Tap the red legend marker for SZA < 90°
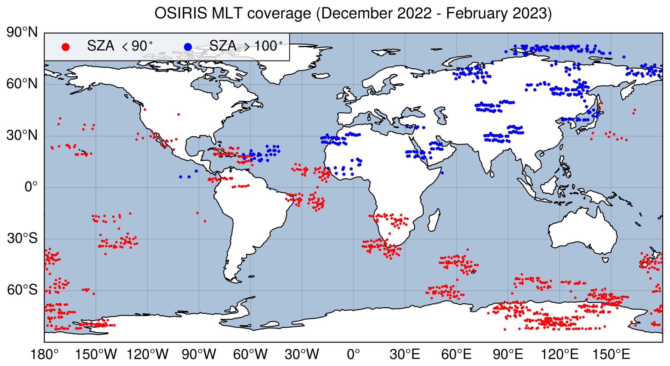(66, 47)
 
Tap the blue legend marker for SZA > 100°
(188, 47)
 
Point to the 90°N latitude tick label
(22, 33)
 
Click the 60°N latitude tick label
(22, 84)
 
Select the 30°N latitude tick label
(22, 136)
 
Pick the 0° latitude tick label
(31, 187)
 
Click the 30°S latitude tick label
(22, 239)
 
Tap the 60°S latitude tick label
(22, 290)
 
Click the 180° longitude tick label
(45, 354)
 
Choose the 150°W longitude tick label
(96, 354)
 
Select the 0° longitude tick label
(353, 354)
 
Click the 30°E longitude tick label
(405, 354)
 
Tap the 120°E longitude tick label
(560, 354)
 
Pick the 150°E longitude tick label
(611, 354)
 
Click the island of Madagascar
(434, 220)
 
